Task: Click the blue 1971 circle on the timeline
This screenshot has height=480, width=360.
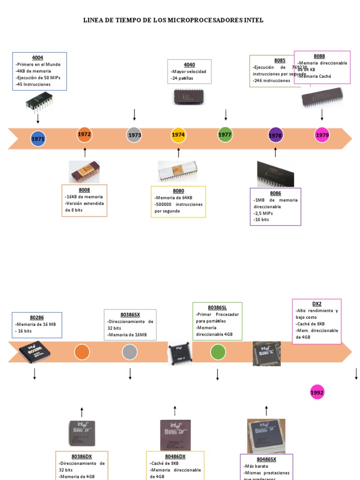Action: (38, 139)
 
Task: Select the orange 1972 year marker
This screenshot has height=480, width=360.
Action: (84, 135)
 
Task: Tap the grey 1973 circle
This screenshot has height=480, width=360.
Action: (135, 135)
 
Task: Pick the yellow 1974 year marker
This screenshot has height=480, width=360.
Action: (178, 135)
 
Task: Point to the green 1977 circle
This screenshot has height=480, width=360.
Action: (225, 135)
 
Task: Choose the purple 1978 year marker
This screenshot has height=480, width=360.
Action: (276, 135)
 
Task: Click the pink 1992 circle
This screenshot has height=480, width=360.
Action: (317, 393)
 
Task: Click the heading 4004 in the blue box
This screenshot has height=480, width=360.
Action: (37, 57)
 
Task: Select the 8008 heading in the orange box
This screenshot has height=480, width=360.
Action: (84, 190)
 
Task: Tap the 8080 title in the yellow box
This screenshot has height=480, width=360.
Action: (178, 191)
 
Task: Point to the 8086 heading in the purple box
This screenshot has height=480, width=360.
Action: (276, 193)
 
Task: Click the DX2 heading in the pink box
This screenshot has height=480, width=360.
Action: (316, 304)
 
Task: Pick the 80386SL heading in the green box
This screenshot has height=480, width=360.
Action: (217, 307)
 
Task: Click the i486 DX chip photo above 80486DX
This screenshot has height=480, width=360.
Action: (175, 435)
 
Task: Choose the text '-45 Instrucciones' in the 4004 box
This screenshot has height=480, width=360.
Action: (33, 84)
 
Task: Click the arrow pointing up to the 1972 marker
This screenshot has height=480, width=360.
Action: (85, 152)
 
